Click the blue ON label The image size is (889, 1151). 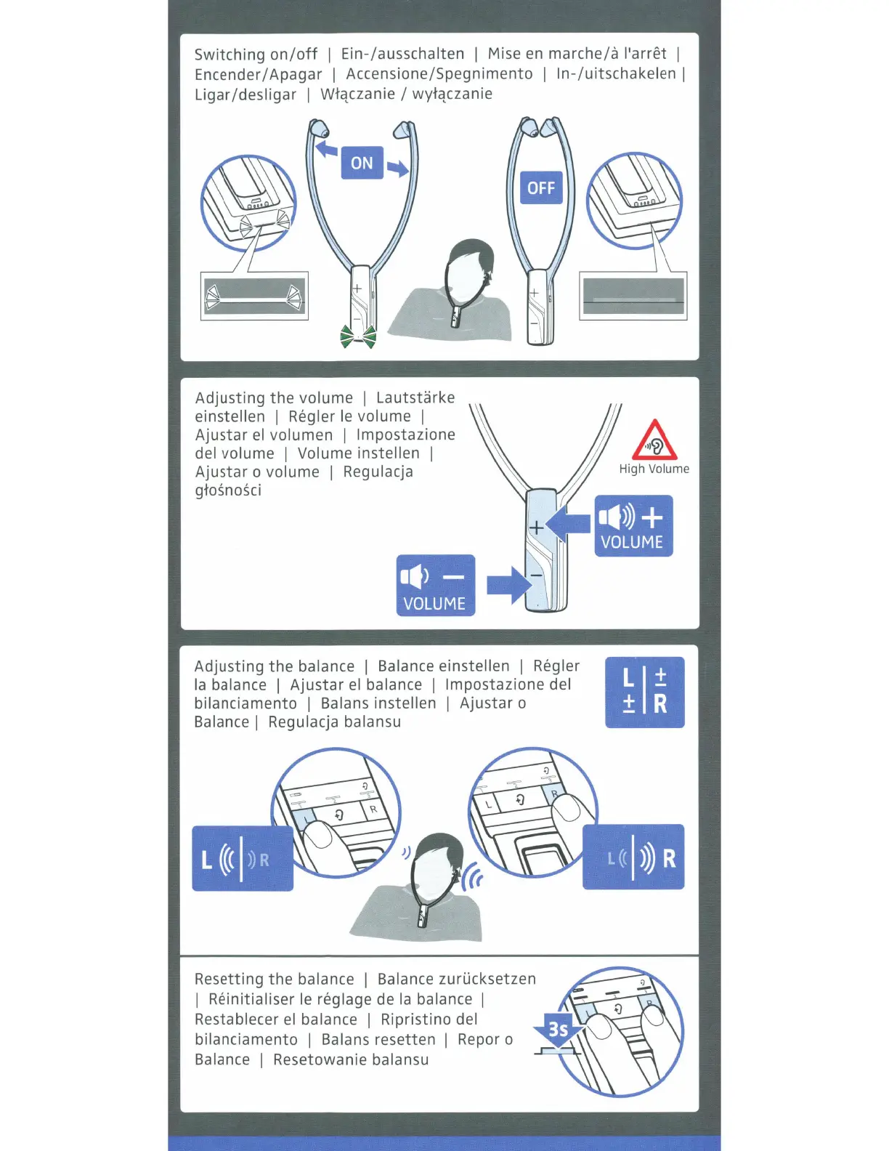pyautogui.click(x=362, y=163)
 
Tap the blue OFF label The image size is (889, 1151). pyautogui.click(x=541, y=187)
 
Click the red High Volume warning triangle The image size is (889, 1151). pyautogui.click(x=654, y=440)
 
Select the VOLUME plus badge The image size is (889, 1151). pyautogui.click(x=633, y=526)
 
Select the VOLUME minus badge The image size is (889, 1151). pyautogui.click(x=435, y=586)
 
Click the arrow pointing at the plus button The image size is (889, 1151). pyautogui.click(x=569, y=524)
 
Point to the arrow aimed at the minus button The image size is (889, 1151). pyautogui.click(x=509, y=585)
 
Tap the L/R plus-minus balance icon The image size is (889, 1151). pyautogui.click(x=644, y=692)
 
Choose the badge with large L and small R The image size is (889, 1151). pyautogui.click(x=243, y=859)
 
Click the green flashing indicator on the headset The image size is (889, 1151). pyautogui.click(x=359, y=336)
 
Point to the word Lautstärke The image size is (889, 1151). pyautogui.click(x=415, y=397)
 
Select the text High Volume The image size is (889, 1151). pyautogui.click(x=654, y=469)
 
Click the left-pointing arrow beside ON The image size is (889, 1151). pyautogui.click(x=326, y=150)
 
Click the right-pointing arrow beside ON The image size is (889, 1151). pyautogui.click(x=398, y=169)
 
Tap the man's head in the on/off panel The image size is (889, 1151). pyautogui.click(x=468, y=270)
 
